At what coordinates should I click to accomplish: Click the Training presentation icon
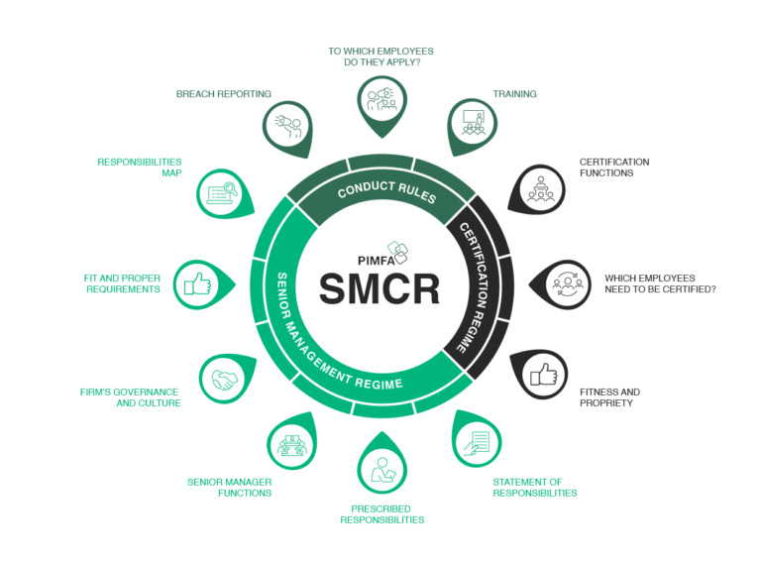click(471, 122)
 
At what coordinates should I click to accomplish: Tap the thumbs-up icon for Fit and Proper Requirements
click(198, 283)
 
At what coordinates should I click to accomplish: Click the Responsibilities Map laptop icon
click(222, 192)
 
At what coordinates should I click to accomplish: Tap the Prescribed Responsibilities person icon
click(381, 467)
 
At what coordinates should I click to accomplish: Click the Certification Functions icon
click(541, 187)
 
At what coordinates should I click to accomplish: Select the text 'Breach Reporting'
click(224, 94)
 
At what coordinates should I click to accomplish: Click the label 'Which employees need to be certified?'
click(661, 283)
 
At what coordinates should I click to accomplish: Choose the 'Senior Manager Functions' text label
click(229, 487)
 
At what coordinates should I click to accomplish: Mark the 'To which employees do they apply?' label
click(381, 56)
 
